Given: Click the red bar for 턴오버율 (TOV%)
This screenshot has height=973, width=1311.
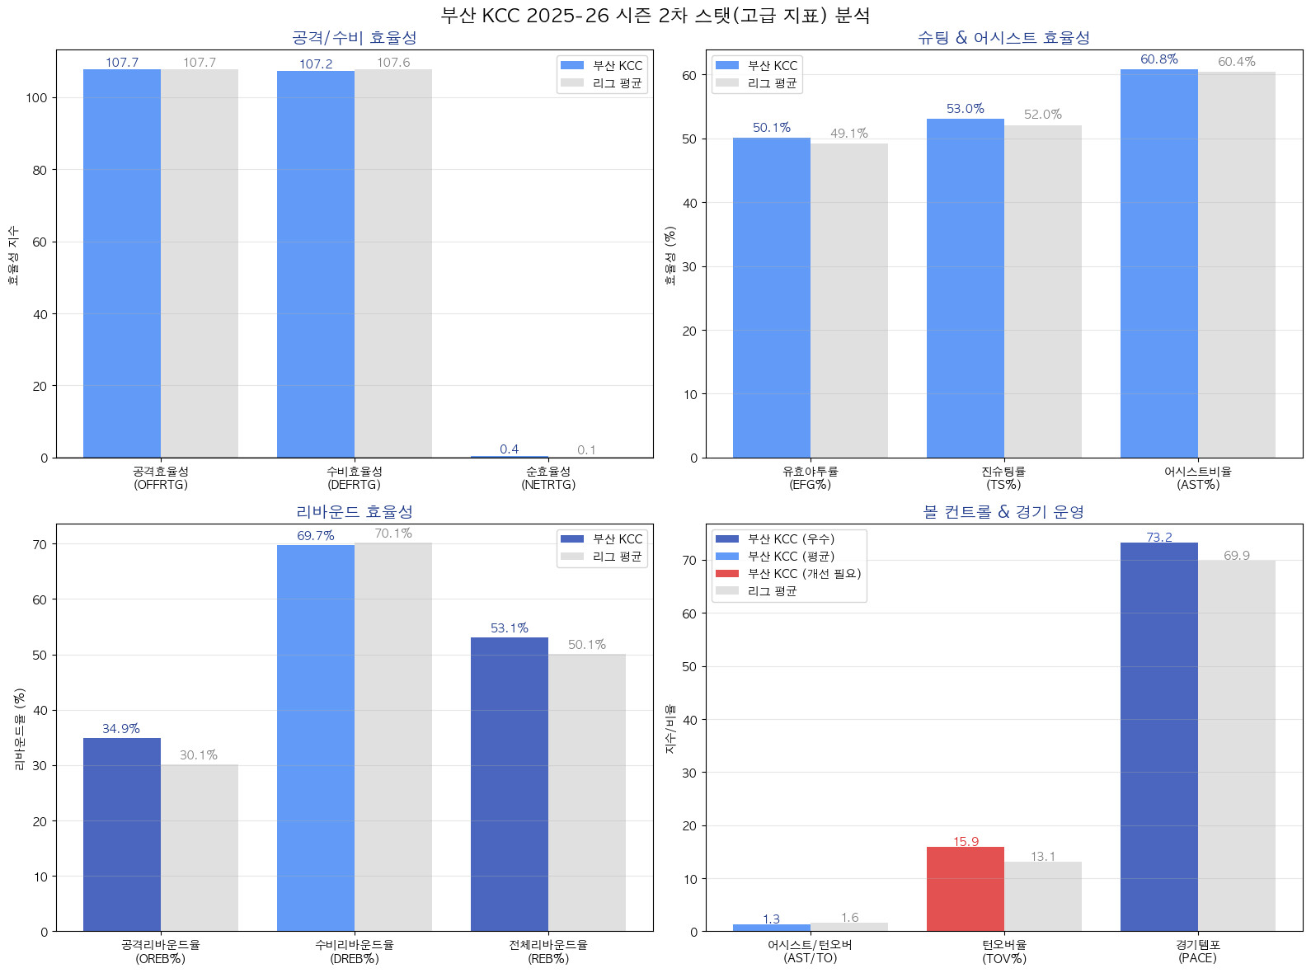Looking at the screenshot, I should click(x=965, y=889).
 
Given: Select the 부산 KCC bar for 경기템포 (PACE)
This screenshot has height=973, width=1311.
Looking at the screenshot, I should click(x=1158, y=737).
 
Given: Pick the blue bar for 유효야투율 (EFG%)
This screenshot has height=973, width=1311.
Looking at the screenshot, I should click(x=771, y=298).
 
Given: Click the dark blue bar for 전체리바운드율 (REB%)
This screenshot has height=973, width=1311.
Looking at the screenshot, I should click(x=509, y=784).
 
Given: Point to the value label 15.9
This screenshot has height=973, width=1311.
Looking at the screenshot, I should click(x=966, y=842).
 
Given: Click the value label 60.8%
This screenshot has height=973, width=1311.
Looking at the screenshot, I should click(x=1158, y=59).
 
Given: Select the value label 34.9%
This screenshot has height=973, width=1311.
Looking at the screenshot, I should click(x=121, y=729).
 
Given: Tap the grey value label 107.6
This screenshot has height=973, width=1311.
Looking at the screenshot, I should click(x=393, y=63).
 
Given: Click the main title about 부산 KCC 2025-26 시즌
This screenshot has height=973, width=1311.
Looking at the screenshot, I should click(x=655, y=16).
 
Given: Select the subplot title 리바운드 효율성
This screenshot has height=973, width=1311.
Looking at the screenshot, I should click(x=355, y=512).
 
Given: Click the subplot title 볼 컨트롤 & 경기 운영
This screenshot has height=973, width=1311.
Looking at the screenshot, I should click(x=1003, y=512).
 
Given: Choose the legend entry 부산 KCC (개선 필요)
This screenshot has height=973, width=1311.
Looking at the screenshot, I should click(x=804, y=574).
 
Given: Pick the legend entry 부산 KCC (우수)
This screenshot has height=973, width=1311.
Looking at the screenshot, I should click(x=791, y=539).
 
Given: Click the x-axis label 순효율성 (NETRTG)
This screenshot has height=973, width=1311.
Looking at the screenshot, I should click(x=548, y=478).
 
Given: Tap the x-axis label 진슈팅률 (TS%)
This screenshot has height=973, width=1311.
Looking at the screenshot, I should click(x=1003, y=478).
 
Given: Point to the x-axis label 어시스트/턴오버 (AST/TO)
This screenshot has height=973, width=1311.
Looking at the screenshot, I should click(x=810, y=952).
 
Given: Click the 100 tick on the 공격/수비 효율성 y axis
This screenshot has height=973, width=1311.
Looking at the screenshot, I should click(x=36, y=98).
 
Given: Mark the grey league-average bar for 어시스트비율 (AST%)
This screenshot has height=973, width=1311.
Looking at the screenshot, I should click(x=1236, y=265).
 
